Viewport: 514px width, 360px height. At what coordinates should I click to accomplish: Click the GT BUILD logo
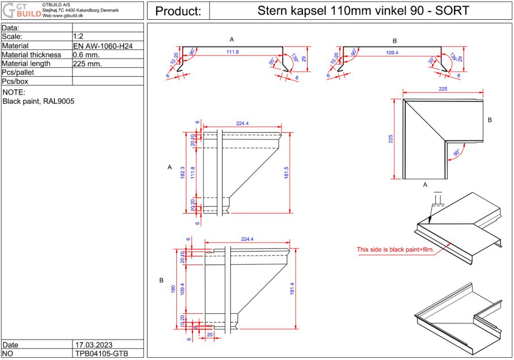(x=22, y=10)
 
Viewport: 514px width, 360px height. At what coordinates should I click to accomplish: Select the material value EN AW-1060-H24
(x=103, y=46)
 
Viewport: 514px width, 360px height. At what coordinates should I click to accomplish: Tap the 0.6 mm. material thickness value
(x=86, y=55)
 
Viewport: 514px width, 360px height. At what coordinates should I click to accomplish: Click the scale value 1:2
(x=78, y=36)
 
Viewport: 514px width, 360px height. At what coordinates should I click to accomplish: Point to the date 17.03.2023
(x=94, y=345)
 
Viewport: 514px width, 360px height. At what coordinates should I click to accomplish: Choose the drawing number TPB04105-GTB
(x=101, y=354)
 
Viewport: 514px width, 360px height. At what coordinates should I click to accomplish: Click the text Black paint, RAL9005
(x=38, y=101)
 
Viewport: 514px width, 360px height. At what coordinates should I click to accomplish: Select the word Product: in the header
(x=178, y=11)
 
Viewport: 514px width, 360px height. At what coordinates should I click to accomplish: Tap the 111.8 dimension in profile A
(x=233, y=52)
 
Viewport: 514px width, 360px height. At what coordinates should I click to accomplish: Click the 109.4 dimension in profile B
(x=392, y=53)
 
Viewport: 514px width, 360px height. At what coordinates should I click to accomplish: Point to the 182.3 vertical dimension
(x=183, y=173)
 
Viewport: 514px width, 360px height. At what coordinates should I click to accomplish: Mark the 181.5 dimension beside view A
(x=286, y=173)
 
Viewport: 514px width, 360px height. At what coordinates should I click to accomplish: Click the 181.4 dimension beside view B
(x=292, y=289)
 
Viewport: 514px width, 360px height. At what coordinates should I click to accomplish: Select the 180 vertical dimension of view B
(x=173, y=289)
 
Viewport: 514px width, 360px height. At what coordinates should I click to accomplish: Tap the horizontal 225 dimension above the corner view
(x=443, y=89)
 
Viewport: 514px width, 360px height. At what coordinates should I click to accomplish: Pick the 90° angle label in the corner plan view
(x=457, y=152)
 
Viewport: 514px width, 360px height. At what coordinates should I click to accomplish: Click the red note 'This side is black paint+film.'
(x=395, y=250)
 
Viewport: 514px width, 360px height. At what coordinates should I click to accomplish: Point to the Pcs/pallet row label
(x=18, y=72)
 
